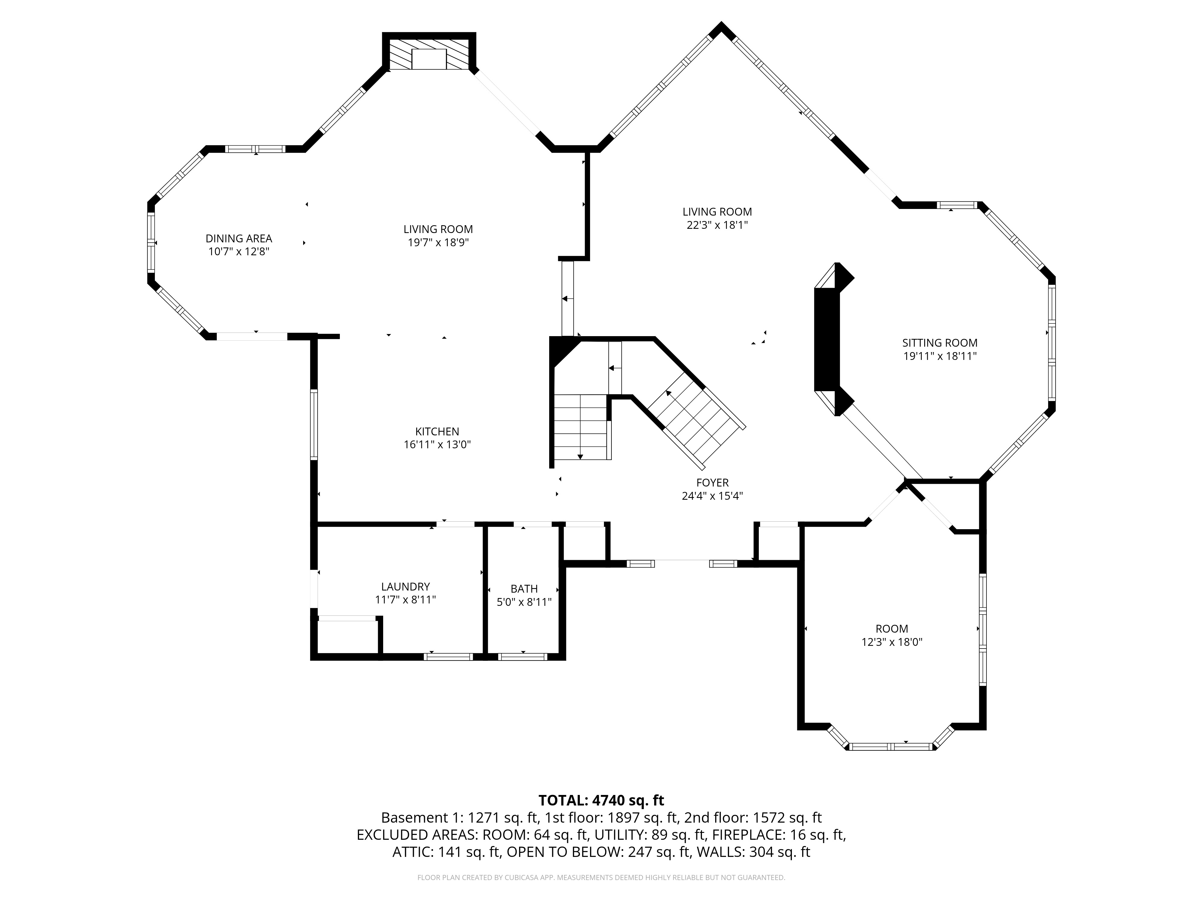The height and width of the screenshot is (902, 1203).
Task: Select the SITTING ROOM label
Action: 940,343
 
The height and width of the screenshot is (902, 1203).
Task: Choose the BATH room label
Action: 524,589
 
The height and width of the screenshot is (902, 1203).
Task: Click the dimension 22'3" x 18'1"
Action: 717,225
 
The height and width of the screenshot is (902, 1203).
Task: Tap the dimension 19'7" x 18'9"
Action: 438,243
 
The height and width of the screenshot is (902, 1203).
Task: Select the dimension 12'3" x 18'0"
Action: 892,642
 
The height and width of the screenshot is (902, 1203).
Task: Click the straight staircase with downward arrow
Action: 580,427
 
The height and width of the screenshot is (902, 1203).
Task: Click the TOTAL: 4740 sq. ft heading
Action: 601,800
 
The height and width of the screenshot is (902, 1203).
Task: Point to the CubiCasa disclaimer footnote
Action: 601,878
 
